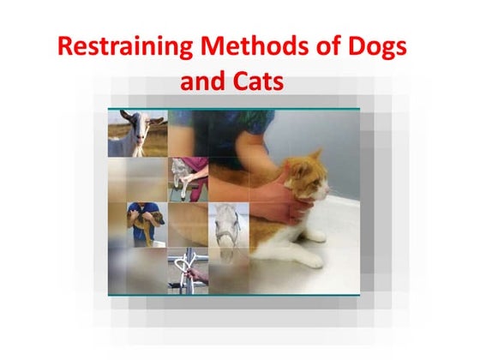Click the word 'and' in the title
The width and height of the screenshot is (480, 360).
point(206,84)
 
